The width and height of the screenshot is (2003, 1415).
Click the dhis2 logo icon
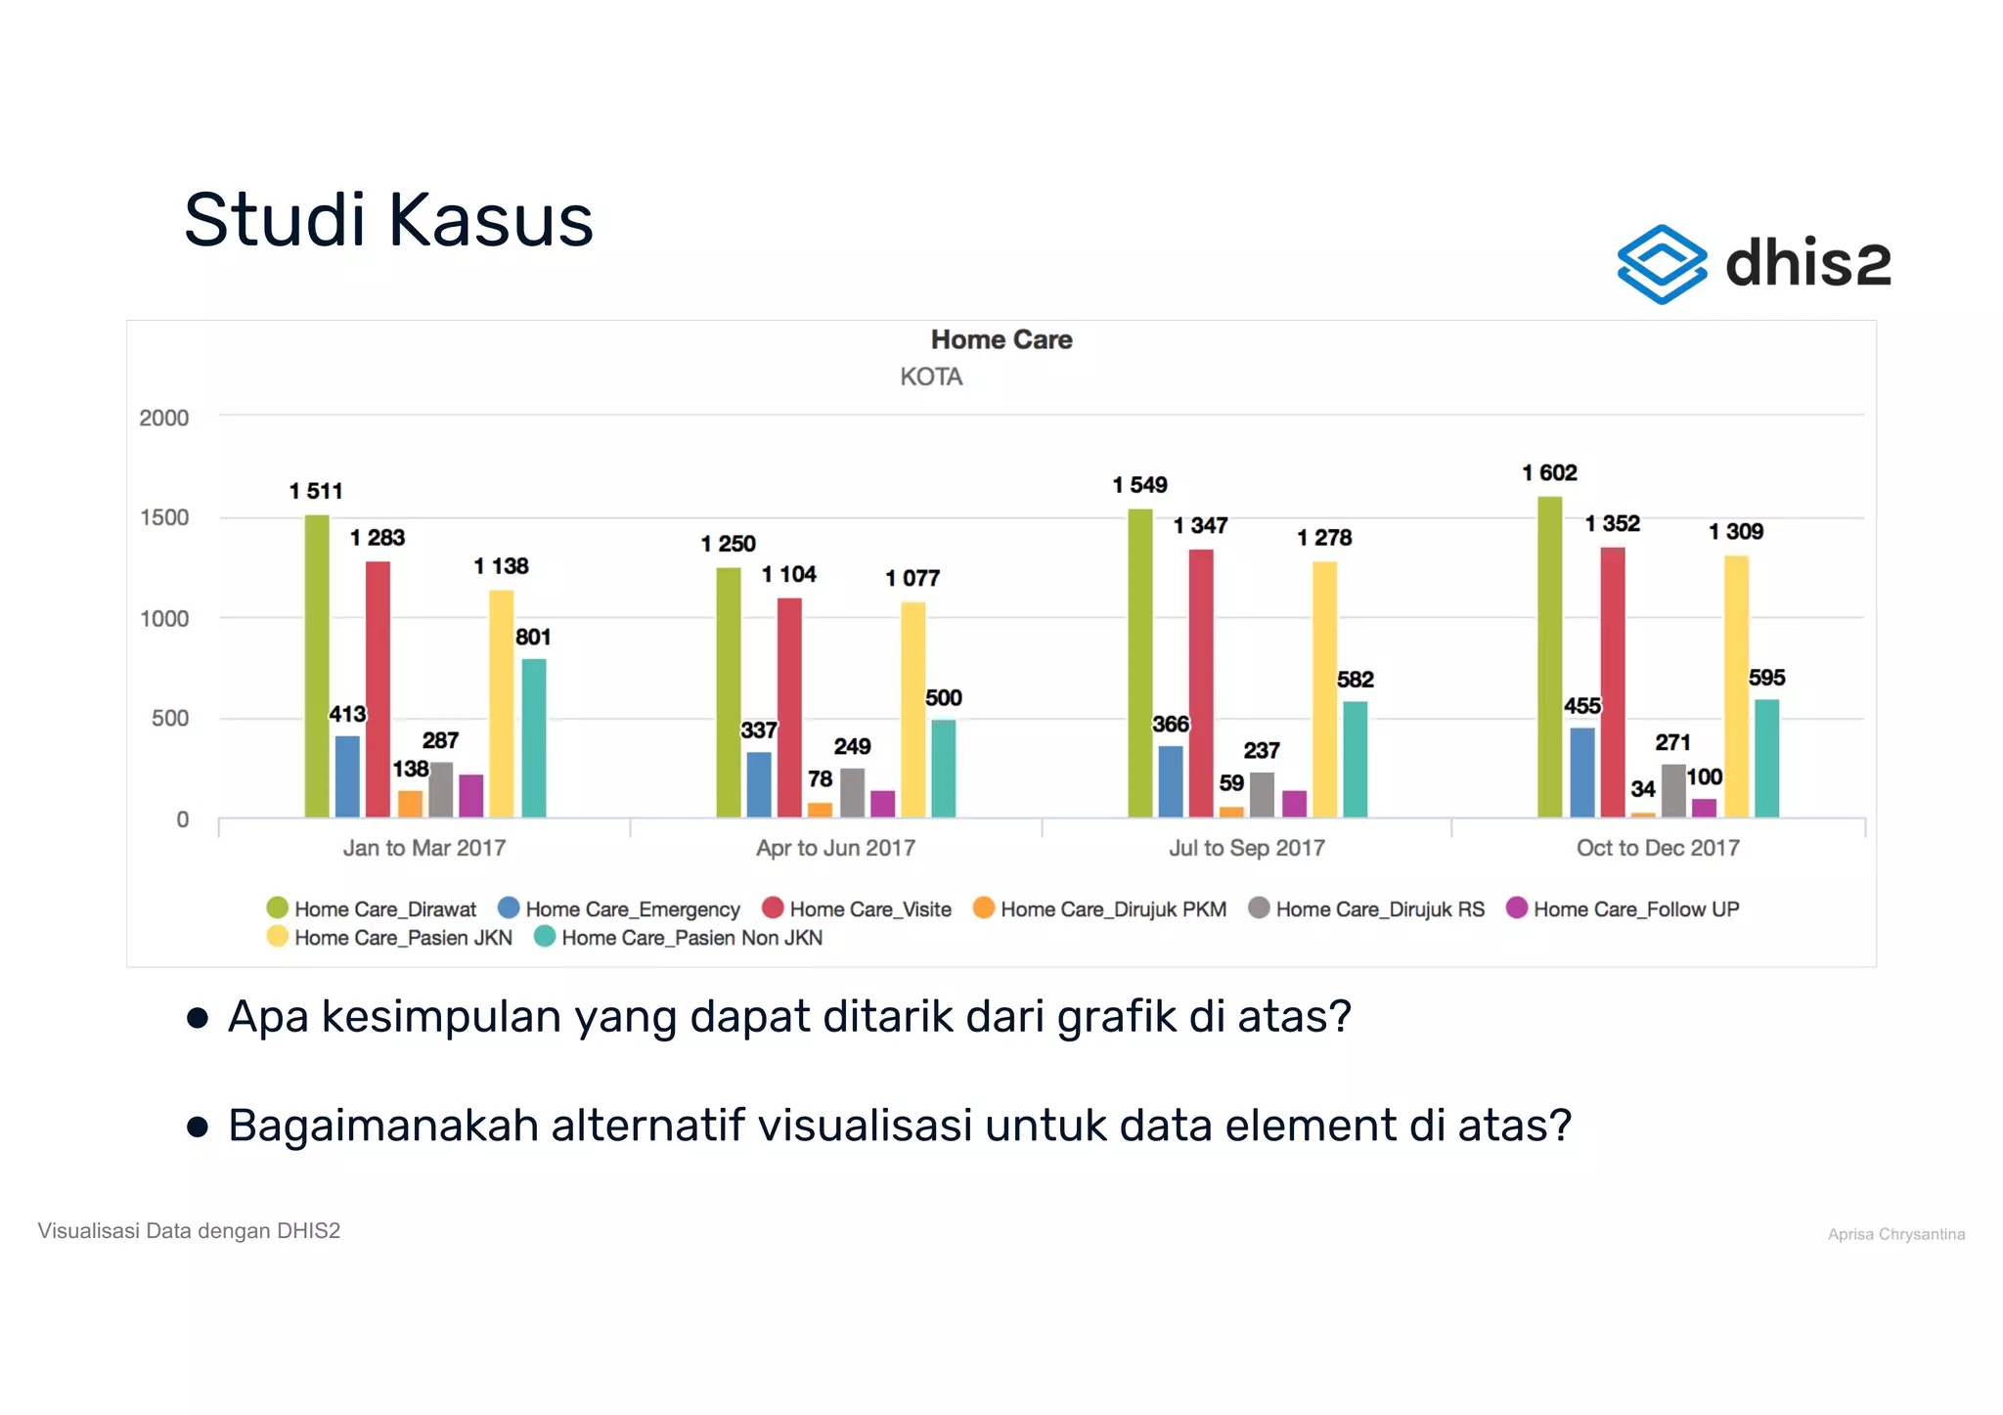tap(1661, 264)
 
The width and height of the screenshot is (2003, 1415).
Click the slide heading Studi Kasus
tap(388, 220)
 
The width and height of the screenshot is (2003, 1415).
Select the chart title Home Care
tap(1001, 339)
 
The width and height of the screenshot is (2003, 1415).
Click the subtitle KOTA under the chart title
tap(930, 376)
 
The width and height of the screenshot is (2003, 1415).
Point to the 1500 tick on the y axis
tap(164, 517)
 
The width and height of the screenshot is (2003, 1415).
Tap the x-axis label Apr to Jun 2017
tap(835, 848)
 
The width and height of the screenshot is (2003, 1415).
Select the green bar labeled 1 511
tap(317, 665)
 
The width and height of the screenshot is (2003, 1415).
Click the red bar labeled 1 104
tap(789, 707)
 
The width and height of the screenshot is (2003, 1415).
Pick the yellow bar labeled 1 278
tap(1324, 689)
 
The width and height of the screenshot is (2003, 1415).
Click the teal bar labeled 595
tap(1766, 758)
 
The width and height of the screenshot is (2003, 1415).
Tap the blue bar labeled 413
tap(347, 776)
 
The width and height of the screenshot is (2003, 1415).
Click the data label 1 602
tap(1549, 473)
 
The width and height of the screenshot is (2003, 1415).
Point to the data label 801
tap(533, 638)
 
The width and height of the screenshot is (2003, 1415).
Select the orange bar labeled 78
tap(820, 810)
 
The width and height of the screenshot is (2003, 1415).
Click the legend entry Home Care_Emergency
tap(632, 909)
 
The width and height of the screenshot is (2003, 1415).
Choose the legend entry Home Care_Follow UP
tap(1635, 909)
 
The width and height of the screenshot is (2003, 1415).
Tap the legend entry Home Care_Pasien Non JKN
tap(690, 938)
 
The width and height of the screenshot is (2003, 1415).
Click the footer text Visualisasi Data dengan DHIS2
tap(189, 1231)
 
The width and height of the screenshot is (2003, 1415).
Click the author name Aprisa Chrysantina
tap(1895, 1234)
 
